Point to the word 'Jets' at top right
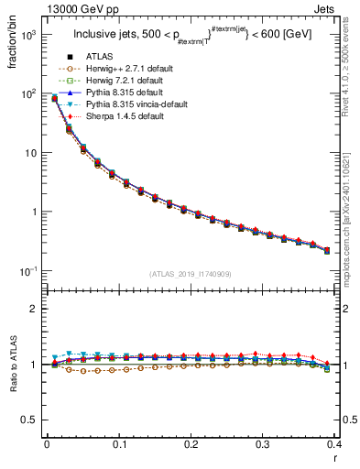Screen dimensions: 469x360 (x=339, y=8)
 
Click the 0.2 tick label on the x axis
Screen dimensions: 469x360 (x=191, y=444)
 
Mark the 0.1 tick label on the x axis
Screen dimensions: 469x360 (x=119, y=444)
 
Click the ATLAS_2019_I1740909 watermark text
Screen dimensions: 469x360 (x=191, y=274)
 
